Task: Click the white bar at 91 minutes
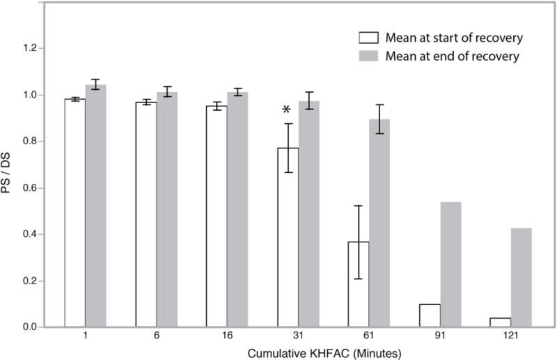[430, 315]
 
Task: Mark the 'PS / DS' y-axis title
[10, 187]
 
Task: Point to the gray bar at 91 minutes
[450, 265]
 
